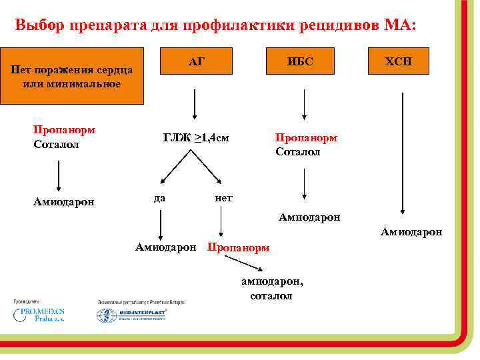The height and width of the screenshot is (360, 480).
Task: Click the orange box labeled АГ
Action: (195, 62)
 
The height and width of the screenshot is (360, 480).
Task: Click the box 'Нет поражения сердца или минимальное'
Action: (72, 76)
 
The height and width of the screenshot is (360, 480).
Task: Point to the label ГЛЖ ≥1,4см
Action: (197, 138)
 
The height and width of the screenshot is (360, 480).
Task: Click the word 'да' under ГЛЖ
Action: (159, 197)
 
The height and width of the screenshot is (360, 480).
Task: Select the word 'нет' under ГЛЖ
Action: (223, 198)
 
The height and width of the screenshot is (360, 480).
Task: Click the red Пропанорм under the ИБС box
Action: (307, 138)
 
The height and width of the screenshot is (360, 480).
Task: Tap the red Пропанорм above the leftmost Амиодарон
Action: (64, 130)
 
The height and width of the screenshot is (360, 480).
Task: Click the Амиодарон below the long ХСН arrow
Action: (411, 231)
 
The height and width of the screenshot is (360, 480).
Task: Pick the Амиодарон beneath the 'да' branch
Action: (165, 247)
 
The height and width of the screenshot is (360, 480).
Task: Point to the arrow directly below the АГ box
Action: (194, 103)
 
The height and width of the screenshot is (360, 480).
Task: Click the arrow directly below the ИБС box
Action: (304, 103)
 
